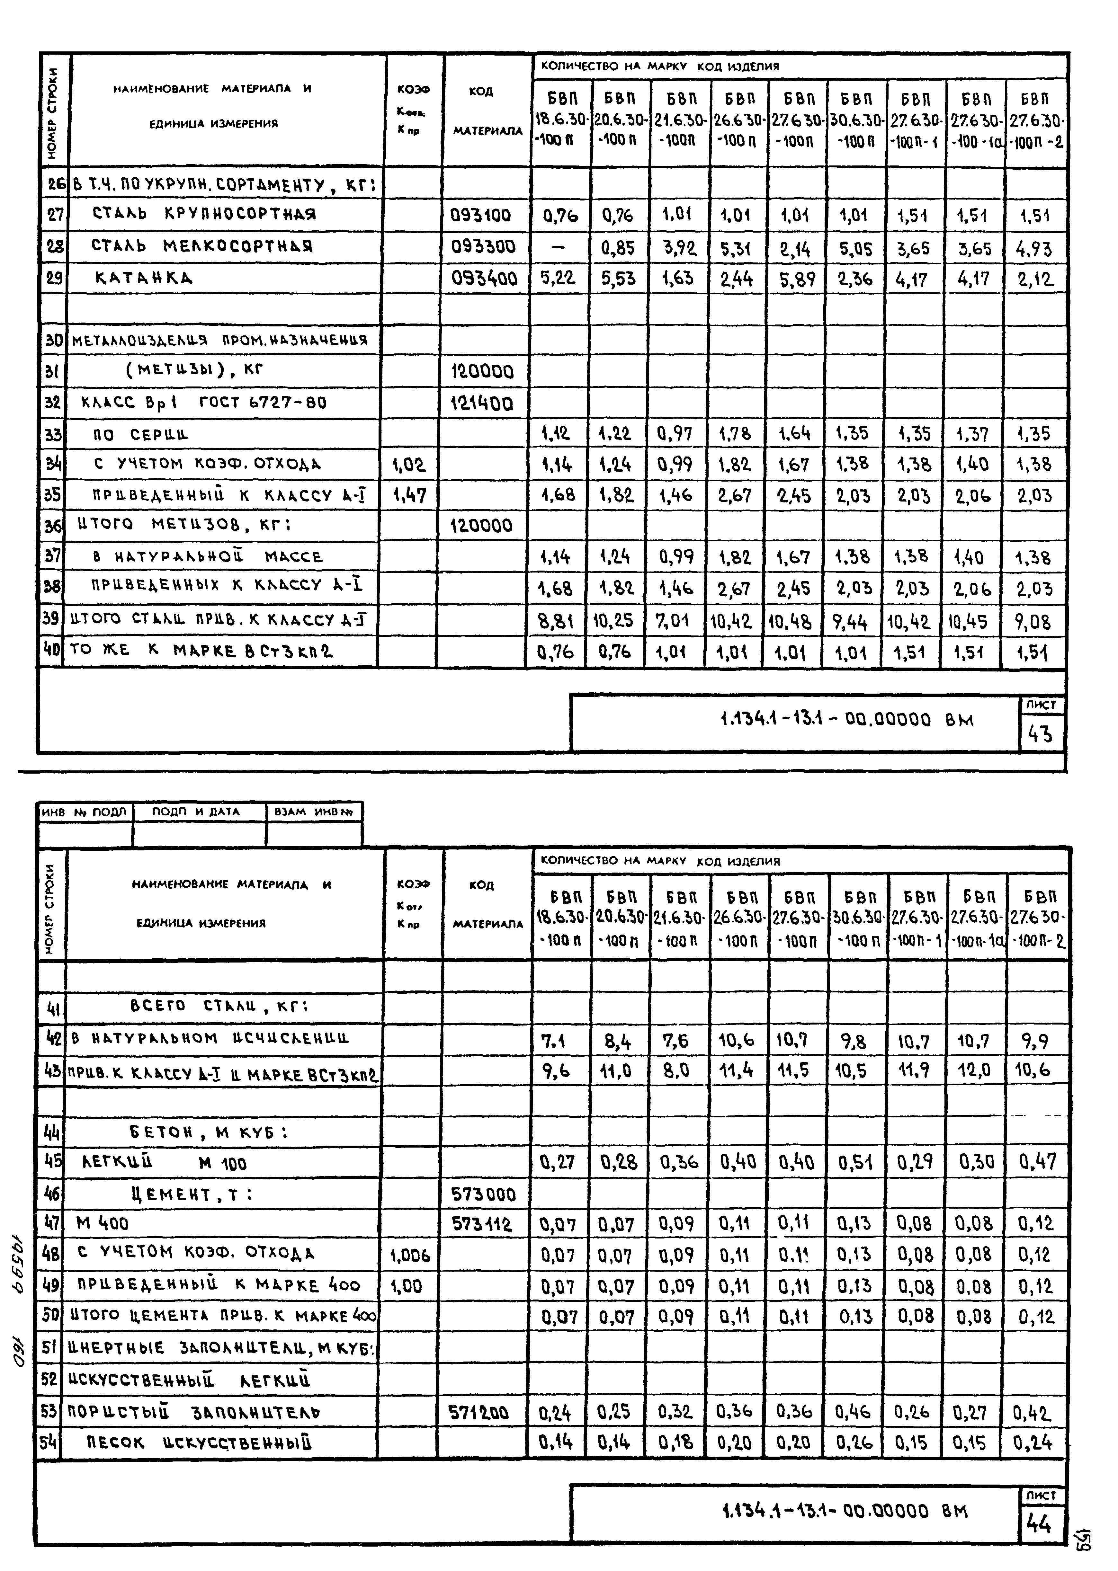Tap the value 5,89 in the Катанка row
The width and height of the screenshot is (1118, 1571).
[797, 279]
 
